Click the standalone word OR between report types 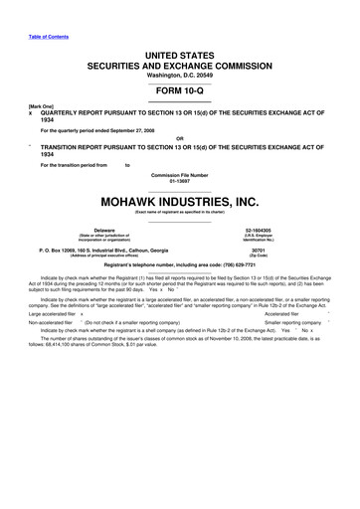[179, 137]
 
